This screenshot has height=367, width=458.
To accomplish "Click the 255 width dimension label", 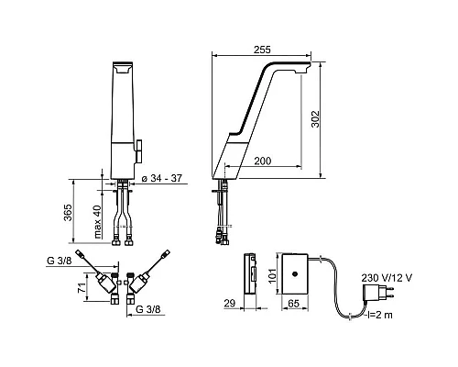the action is pyautogui.click(x=262, y=50).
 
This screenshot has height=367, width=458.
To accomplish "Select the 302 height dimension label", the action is pyautogui.click(x=315, y=119).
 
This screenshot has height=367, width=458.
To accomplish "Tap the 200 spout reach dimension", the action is pyautogui.click(x=263, y=161).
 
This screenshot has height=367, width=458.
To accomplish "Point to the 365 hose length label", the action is pyautogui.click(x=68, y=212).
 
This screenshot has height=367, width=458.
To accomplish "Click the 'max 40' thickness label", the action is pyautogui.click(x=97, y=221).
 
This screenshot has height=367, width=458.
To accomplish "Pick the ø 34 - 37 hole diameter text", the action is pyautogui.click(x=162, y=178).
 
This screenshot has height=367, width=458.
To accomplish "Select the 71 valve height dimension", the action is pyautogui.click(x=82, y=288).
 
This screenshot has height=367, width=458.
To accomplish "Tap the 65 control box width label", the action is pyautogui.click(x=293, y=304).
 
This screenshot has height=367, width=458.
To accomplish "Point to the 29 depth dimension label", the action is pyautogui.click(x=230, y=304).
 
